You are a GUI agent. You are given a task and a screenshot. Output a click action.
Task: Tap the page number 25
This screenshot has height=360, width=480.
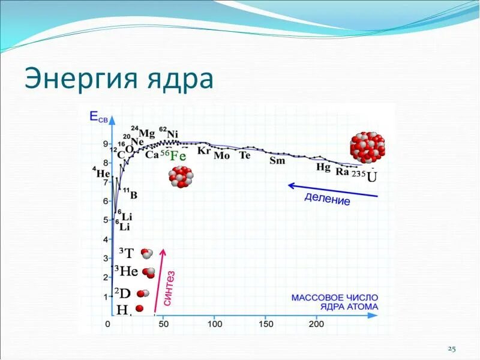click(x=452, y=349)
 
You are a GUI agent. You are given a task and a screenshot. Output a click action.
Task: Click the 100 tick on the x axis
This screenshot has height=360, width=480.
click(x=214, y=325)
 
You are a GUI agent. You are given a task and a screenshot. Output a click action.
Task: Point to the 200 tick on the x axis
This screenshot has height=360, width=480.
click(x=316, y=325)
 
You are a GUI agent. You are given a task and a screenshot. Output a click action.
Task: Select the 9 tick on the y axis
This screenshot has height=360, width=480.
click(x=106, y=144)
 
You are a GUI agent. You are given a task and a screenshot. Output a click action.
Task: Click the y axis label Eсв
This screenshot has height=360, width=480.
click(x=100, y=118)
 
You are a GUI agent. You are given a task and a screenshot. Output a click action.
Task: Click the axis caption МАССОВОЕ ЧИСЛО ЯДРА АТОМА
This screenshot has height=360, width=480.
click(x=335, y=302)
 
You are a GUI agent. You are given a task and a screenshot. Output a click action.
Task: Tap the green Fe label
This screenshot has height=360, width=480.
click(x=178, y=156)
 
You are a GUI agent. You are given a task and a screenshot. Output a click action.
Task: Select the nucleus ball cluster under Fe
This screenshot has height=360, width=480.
click(x=181, y=178)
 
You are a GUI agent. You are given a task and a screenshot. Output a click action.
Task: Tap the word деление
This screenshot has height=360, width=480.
click(x=327, y=200)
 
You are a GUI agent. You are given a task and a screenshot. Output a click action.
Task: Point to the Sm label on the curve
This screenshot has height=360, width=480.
click(x=277, y=160)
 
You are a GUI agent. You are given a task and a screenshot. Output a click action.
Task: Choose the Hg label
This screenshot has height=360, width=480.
click(x=323, y=167)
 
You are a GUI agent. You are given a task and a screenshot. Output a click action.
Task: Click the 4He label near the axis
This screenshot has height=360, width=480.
click(x=101, y=173)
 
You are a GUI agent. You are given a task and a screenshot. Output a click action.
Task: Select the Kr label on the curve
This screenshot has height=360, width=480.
click(x=204, y=151)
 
